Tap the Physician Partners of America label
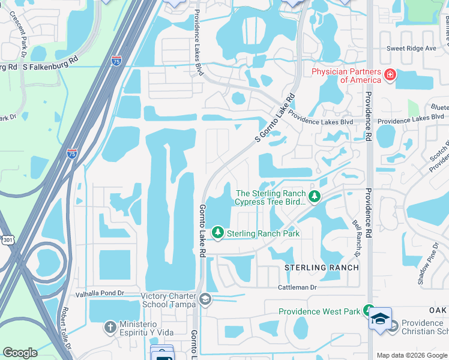pyautogui.click(x=346, y=76)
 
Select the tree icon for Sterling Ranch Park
pyautogui.click(x=218, y=232)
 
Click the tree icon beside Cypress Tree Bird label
pyautogui.click(x=313, y=197)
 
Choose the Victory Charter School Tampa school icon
pyautogui.click(x=205, y=299)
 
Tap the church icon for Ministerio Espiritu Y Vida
pyautogui.click(x=109, y=327)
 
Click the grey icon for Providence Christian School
pyautogui.click(x=393, y=327)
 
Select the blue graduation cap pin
pyautogui.click(x=380, y=318)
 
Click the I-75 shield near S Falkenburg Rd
pyautogui.click(x=116, y=60)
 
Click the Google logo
pyautogui.click(x=20, y=353)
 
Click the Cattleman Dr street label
pyautogui.click(x=297, y=287)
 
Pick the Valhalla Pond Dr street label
pyautogui.click(x=99, y=293)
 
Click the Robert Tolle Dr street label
pyautogui.click(x=65, y=330)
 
